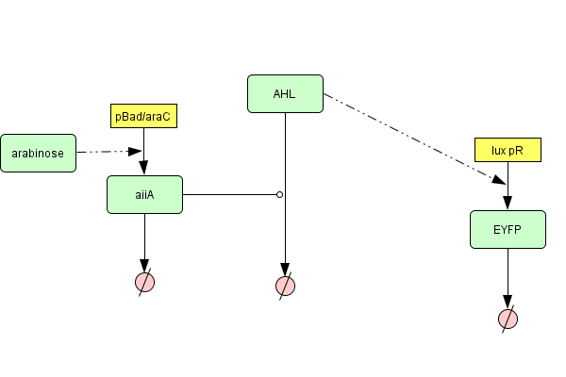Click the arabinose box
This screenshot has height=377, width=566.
click(38, 153)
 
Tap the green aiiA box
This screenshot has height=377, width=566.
click(144, 194)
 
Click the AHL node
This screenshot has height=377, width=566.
click(285, 93)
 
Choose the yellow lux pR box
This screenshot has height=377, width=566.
click(508, 150)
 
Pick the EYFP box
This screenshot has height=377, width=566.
click(508, 229)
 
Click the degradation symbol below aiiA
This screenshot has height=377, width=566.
click(144, 281)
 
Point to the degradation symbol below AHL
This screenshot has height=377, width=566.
click(285, 286)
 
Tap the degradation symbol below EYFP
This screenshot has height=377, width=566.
click(508, 319)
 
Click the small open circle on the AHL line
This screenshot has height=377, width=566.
click(279, 195)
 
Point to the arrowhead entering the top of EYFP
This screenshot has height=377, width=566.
click(508, 203)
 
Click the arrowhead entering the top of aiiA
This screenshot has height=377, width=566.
click(144, 169)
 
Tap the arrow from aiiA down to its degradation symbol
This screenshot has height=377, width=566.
click(144, 240)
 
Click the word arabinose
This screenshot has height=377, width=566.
click(38, 153)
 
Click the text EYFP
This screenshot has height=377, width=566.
click(508, 229)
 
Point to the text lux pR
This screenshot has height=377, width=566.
click(508, 150)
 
